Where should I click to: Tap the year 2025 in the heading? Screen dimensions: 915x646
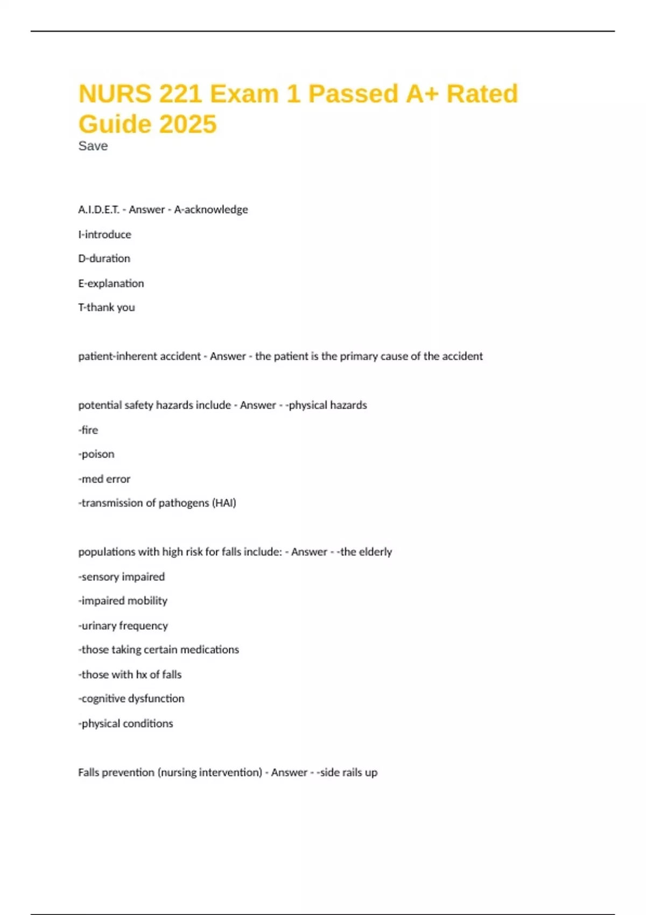[188, 124]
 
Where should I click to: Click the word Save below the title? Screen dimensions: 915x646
[93, 146]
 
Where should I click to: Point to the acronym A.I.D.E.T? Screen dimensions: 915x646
[99, 209]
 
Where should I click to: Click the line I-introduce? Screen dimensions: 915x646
[104, 234]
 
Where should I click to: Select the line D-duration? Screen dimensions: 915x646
[104, 258]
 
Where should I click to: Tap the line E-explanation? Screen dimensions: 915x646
[111, 283]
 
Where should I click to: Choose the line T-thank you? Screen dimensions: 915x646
[107, 307]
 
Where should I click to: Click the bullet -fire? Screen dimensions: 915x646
[88, 430]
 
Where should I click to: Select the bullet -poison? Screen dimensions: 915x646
[96, 454]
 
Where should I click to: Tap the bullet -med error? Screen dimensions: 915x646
[104, 478]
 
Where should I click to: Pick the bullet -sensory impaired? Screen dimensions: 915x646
[122, 576]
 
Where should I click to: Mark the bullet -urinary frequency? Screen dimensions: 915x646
[123, 625]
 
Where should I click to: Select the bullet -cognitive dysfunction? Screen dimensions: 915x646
[131, 699]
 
